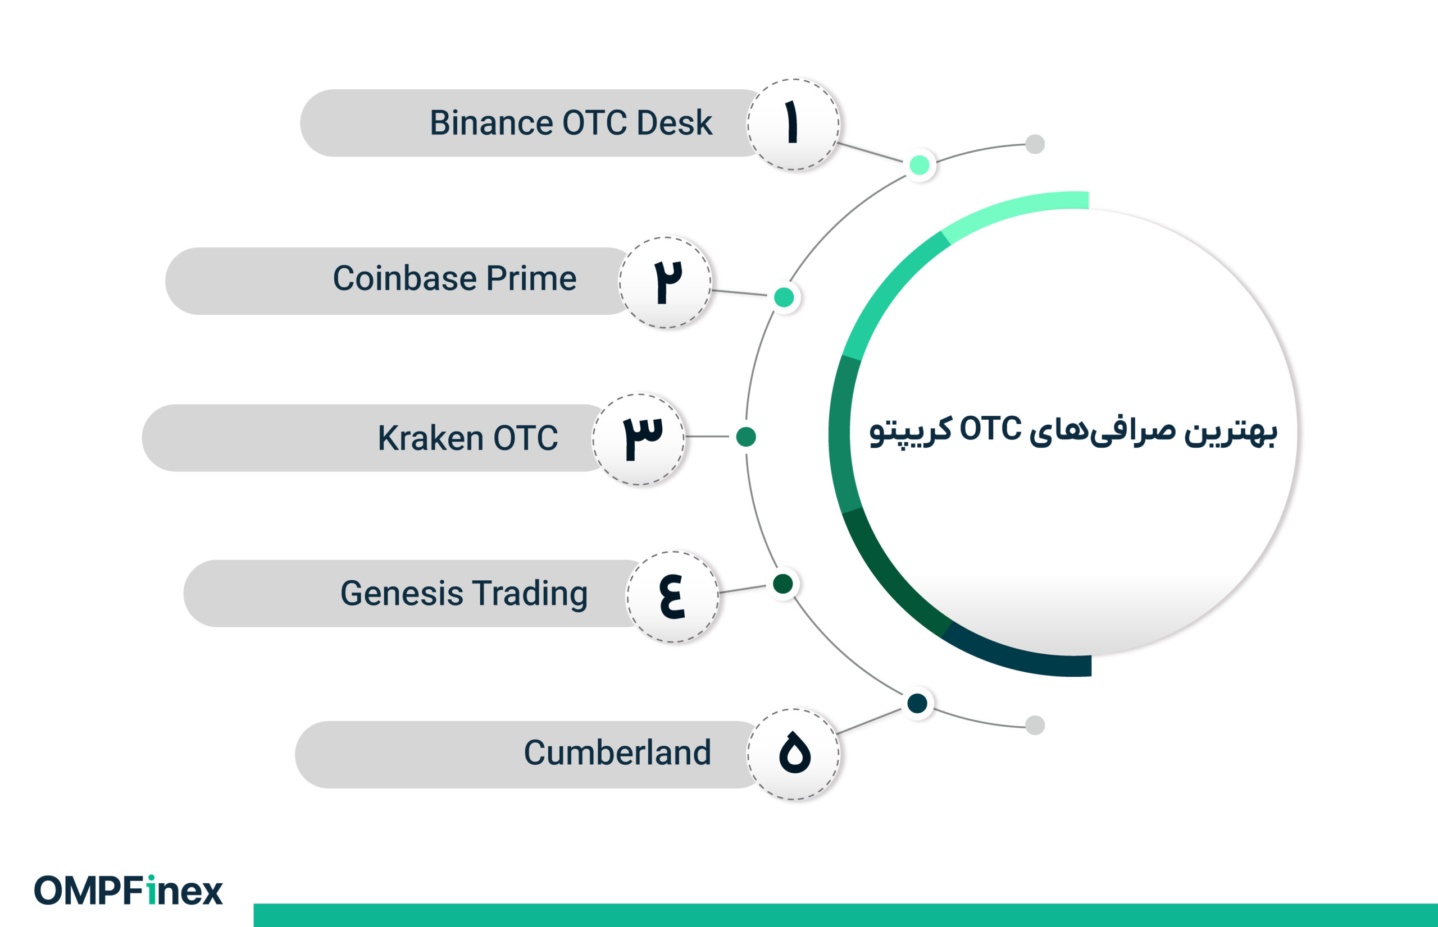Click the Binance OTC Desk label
pos(570,123)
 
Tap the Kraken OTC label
pos(467,438)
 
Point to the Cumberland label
pos(617,752)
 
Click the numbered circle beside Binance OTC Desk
pos(793,125)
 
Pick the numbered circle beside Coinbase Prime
pos(665,282)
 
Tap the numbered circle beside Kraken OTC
pos(639,439)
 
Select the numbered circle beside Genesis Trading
pos(672,596)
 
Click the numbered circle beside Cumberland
pos(793,754)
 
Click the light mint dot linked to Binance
pos(920,165)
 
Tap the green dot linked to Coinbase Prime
pos(784,297)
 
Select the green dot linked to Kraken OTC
pos(746,437)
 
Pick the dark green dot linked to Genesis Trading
pos(782,583)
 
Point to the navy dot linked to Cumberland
pos(917,703)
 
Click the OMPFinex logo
pos(128,891)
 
